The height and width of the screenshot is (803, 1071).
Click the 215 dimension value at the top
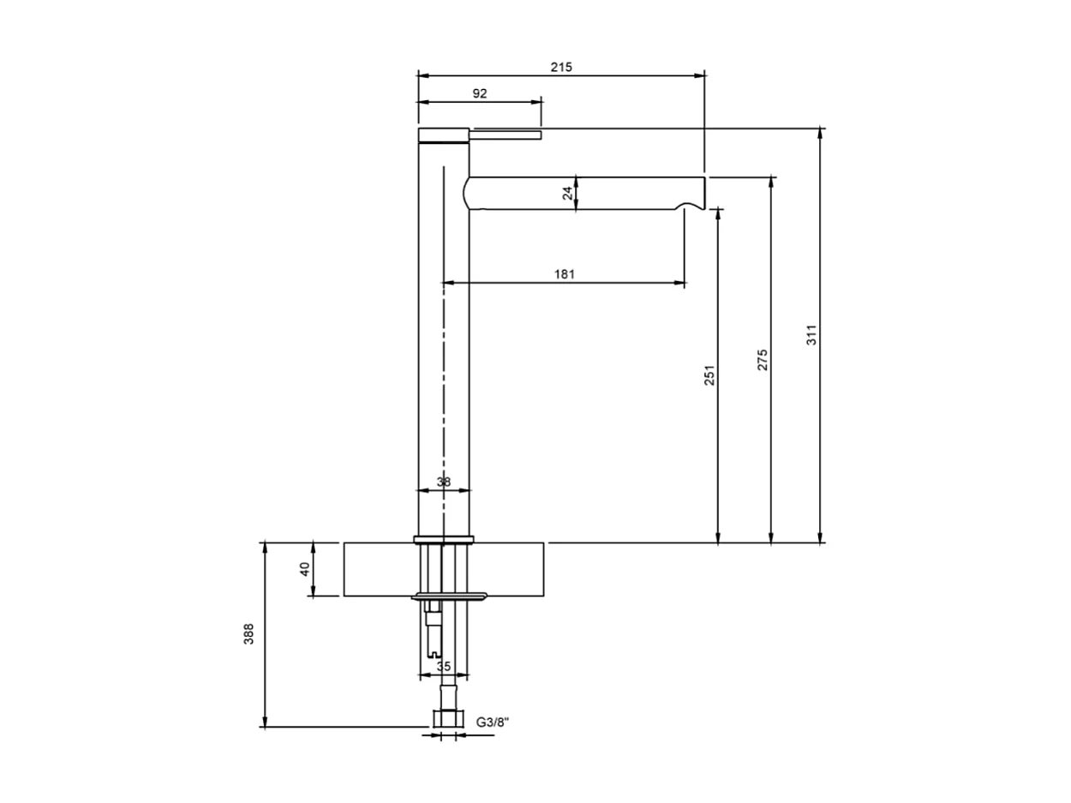pos(561,66)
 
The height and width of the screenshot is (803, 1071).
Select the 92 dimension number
pos(479,93)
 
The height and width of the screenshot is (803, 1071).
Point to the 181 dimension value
pos(564,274)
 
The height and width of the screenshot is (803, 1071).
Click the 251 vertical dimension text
pos(709,375)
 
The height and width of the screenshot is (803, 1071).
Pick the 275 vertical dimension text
pos(763,359)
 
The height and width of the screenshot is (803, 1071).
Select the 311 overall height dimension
pos(811,334)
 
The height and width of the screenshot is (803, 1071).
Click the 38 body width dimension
pos(443,482)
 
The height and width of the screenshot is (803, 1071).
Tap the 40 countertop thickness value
pos(305,569)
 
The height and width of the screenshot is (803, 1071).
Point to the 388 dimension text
pos(249,634)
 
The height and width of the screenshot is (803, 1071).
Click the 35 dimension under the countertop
pos(443,666)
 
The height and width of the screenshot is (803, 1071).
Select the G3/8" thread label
pos(493,722)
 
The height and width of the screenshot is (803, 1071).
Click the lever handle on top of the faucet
pos(506,134)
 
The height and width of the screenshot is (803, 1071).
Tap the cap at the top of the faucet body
pos(443,135)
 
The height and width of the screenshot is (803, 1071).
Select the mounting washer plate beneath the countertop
pos(450,596)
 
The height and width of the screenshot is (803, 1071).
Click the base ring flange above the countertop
pos(443,539)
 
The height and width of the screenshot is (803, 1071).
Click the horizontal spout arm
pos(583,193)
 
